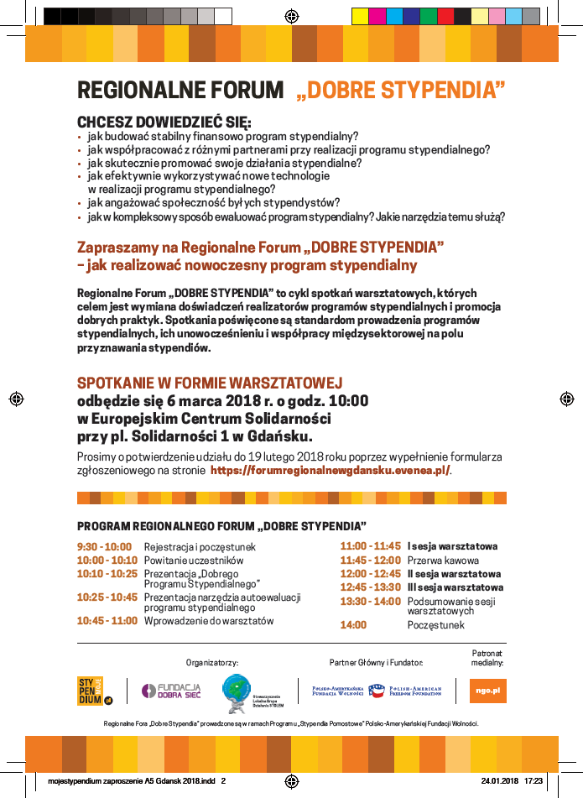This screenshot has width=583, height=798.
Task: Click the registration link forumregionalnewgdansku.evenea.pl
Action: (330, 471)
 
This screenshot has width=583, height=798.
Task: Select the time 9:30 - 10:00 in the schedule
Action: (104, 547)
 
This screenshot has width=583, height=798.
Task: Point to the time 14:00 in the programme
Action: (353, 625)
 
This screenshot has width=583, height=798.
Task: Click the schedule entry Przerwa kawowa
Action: (443, 561)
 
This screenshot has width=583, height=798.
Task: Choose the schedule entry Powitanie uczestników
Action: (194, 561)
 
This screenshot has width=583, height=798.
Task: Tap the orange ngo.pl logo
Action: (487, 691)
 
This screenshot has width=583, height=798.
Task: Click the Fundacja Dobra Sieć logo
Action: (171, 691)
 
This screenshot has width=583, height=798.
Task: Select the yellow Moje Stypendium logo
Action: (95, 691)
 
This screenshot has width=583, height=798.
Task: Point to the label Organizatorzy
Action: (212, 663)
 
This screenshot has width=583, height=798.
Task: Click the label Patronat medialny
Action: (487, 658)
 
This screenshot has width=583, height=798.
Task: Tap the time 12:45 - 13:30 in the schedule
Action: (370, 587)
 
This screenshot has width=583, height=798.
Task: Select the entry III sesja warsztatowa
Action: (455, 587)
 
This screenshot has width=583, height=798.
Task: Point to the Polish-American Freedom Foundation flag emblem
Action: (377, 691)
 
